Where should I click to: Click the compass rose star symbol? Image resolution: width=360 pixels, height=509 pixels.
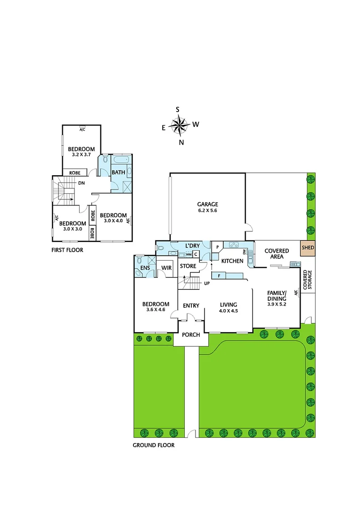point(179,125)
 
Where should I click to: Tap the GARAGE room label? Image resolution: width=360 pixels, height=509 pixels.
point(207,204)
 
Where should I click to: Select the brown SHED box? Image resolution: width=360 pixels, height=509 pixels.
point(308,247)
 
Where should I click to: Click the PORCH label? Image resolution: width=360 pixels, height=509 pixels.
point(191,335)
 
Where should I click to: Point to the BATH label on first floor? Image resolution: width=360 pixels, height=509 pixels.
point(118,172)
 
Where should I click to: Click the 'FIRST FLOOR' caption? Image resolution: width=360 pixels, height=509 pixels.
point(67,250)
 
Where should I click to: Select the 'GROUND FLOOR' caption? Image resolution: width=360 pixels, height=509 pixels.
point(154,445)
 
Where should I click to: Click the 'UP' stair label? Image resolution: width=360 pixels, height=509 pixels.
point(206,283)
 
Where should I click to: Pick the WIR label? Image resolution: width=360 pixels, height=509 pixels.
point(166,268)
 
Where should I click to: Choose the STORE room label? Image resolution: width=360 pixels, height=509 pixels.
point(188,266)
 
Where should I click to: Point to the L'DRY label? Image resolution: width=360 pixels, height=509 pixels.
point(193,246)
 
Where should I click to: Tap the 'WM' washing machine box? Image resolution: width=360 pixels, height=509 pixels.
point(188,254)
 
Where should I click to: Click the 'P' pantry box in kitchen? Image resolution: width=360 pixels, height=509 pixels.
point(218,247)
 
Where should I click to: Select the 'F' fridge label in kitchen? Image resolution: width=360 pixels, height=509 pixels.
point(220,275)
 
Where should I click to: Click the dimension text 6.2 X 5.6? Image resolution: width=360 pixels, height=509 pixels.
point(207,211)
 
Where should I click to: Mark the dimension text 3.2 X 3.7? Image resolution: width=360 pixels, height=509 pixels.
point(81,155)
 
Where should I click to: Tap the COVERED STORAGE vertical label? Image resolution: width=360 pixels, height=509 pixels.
point(307,279)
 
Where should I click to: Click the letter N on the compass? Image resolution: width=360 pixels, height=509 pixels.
point(181,142)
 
